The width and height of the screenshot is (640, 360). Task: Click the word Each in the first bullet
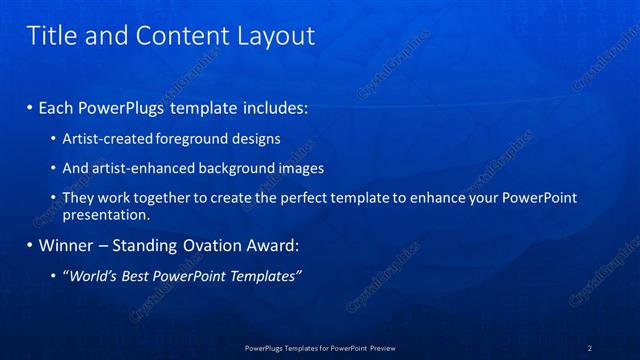click(58, 106)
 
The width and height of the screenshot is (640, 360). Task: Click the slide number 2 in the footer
click(590, 348)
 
